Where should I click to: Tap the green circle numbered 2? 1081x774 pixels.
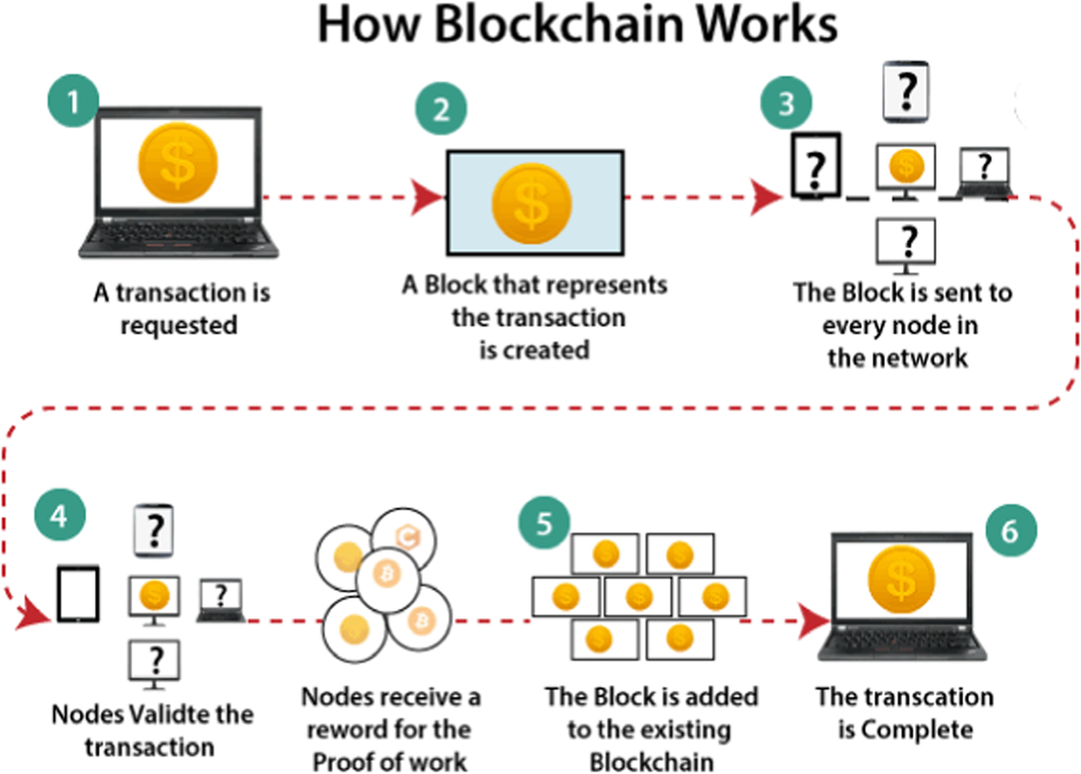[440, 112]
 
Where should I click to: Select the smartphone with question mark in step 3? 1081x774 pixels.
[906, 92]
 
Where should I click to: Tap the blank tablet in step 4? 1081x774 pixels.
[78, 593]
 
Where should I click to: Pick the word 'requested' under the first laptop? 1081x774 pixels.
[179, 325]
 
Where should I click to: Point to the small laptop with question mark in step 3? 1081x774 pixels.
[984, 171]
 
